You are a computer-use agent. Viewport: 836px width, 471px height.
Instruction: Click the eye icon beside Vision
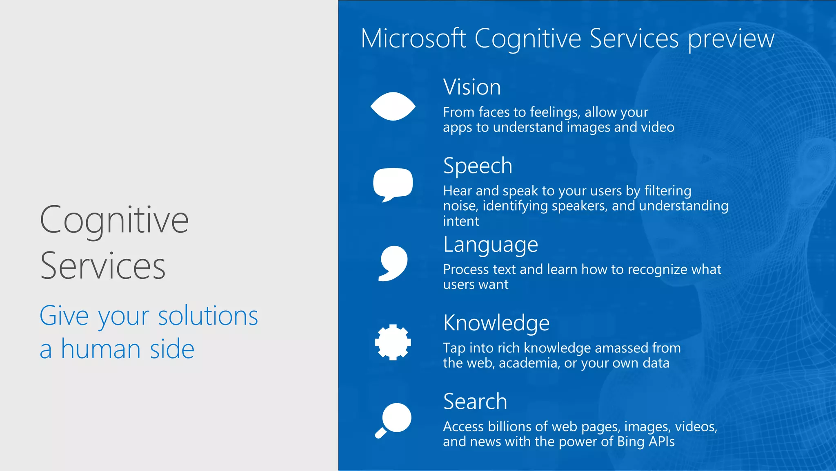pos(393,106)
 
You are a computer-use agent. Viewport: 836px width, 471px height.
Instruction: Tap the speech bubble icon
pos(393,184)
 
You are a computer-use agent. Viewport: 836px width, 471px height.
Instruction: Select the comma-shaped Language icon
pos(393,263)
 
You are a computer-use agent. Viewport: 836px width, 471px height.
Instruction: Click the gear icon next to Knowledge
pos(393,342)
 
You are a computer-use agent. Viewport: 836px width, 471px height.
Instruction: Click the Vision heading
pos(472,87)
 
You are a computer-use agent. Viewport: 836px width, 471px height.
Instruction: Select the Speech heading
pos(478,166)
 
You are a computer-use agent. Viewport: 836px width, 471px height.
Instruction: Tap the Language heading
pos(491,245)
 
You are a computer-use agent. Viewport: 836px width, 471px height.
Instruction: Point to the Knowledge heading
pos(496,323)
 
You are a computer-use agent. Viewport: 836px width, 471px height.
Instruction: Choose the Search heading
pos(475,401)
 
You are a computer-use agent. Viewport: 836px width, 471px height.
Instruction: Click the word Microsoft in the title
pos(413,39)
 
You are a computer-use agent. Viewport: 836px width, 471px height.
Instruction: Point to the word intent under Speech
pos(461,221)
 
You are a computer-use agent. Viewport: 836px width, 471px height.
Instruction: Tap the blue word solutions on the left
pos(208,316)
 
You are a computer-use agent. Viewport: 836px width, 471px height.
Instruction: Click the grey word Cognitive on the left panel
pos(114,220)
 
